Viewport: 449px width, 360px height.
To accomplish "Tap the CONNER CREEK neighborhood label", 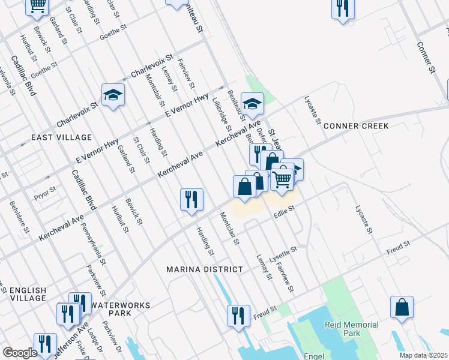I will [356, 126].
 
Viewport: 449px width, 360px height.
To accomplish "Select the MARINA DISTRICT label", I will [205, 269].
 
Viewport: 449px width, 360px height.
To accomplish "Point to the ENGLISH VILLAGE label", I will [28, 294].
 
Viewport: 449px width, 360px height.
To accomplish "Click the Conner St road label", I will [426, 58].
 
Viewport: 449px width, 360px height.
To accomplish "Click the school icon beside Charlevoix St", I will [113, 94].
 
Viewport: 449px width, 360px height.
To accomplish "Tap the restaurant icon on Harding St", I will [191, 199].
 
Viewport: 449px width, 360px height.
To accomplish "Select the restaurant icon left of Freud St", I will [238, 316].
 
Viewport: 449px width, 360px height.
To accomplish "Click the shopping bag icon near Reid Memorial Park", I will [402, 307].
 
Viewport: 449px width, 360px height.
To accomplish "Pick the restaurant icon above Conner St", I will [343, 8].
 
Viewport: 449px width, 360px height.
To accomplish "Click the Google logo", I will [20, 353].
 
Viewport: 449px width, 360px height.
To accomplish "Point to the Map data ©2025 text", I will [423, 355].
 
